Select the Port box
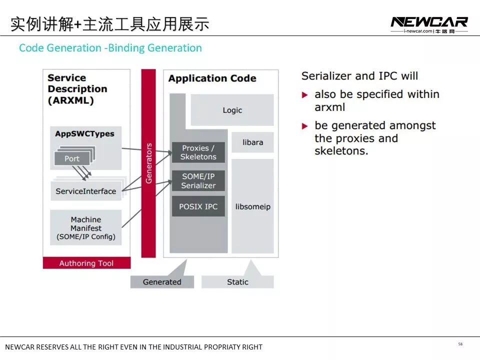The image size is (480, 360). pyautogui.click(x=72, y=158)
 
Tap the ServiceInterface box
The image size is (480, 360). pyautogui.click(x=86, y=191)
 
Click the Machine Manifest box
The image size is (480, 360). pyautogui.click(x=86, y=227)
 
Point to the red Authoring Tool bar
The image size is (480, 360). pyautogui.click(x=86, y=263)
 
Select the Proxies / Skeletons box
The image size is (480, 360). pyautogui.click(x=198, y=152)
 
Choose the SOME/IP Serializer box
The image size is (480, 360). pyautogui.click(x=198, y=181)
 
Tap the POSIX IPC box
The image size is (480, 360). pyautogui.click(x=198, y=206)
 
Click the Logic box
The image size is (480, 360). pyautogui.click(x=232, y=110)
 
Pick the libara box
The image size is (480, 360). pyautogui.click(x=252, y=142)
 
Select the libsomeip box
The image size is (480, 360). pyautogui.click(x=252, y=206)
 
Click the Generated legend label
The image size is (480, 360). pyautogui.click(x=162, y=282)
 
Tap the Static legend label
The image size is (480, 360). pyautogui.click(x=237, y=282)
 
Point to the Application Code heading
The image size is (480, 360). pyautogui.click(x=212, y=78)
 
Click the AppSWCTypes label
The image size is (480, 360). pyautogui.click(x=84, y=133)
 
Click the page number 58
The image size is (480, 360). pyautogui.click(x=460, y=344)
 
